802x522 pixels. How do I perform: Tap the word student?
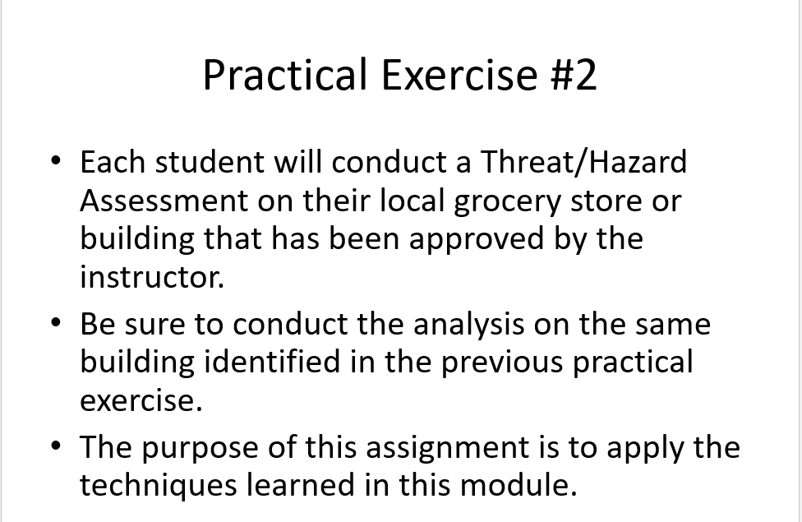point(210,163)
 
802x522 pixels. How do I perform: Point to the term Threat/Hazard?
point(583,163)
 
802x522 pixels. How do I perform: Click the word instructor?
point(152,277)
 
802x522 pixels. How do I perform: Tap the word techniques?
point(159,486)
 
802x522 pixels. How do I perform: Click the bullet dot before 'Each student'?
point(55,159)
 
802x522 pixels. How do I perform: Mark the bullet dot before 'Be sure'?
point(55,321)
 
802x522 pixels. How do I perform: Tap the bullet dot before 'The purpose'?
point(55,446)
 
